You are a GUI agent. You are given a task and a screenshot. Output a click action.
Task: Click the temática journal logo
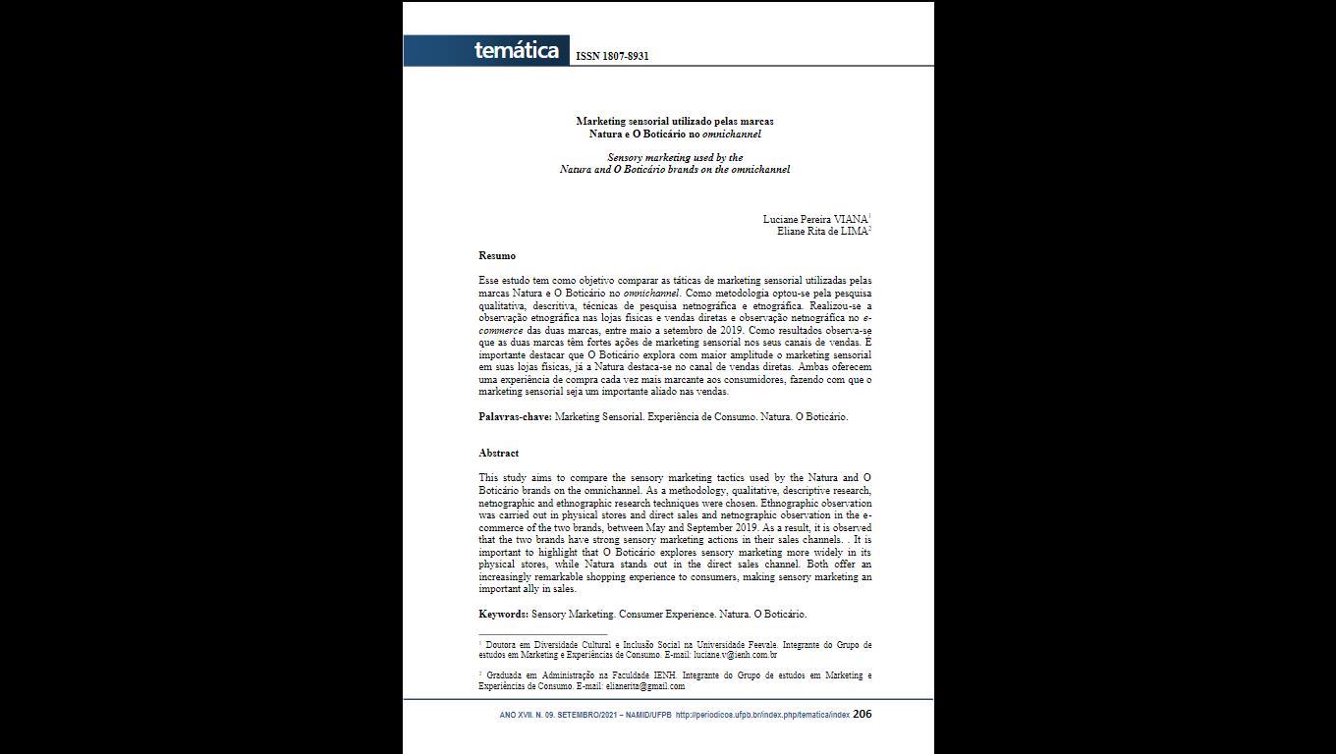(x=516, y=51)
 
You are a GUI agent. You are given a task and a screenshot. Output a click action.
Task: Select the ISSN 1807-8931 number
(x=612, y=56)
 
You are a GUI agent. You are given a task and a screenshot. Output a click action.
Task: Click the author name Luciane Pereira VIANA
(x=814, y=219)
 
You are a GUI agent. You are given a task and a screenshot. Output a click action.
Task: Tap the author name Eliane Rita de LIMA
(x=821, y=232)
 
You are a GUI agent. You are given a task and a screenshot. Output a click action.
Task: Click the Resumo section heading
(x=497, y=256)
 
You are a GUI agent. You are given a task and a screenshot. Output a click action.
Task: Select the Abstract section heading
(x=498, y=454)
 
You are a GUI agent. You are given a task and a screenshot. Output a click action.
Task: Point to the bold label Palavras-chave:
(x=515, y=417)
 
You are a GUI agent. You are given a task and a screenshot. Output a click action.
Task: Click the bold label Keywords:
(x=503, y=615)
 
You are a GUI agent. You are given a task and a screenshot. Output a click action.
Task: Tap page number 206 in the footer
(x=862, y=714)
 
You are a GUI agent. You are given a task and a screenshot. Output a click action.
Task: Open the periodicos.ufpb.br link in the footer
(x=762, y=715)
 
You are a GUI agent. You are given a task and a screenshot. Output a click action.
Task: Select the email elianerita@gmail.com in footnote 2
(x=644, y=686)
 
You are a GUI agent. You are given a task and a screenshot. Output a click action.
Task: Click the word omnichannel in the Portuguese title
(x=731, y=134)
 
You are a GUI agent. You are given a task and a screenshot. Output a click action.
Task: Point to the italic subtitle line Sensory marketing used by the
(x=675, y=157)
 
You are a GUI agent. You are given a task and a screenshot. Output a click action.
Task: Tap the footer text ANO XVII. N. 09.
(x=527, y=715)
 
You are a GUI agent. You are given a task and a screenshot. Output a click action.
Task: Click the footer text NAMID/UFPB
(x=648, y=715)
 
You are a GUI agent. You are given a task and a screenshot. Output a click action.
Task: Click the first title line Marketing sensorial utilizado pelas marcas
(x=675, y=121)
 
